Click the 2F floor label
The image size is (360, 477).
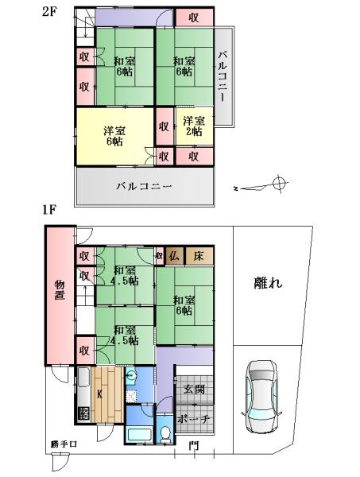pos(49,11)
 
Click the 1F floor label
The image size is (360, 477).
pos(49,210)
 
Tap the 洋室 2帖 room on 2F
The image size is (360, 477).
pos(195,126)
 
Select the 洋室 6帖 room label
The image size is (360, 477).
pos(114,136)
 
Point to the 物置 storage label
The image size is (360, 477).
pos(60,290)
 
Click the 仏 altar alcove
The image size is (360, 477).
pos(175,256)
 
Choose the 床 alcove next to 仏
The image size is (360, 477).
pos(199,256)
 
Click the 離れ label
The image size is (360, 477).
pos(268,282)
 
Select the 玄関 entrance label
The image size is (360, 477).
pos(194,389)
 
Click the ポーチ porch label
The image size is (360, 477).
pos(194,419)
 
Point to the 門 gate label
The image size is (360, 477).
pos(194,446)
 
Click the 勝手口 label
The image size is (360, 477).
pos(64,444)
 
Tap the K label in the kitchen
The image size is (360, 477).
pos(99,394)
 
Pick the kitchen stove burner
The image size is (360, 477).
pos(84,413)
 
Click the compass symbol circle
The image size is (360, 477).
pos(280,183)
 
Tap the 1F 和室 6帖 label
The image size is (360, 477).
pos(184,305)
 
